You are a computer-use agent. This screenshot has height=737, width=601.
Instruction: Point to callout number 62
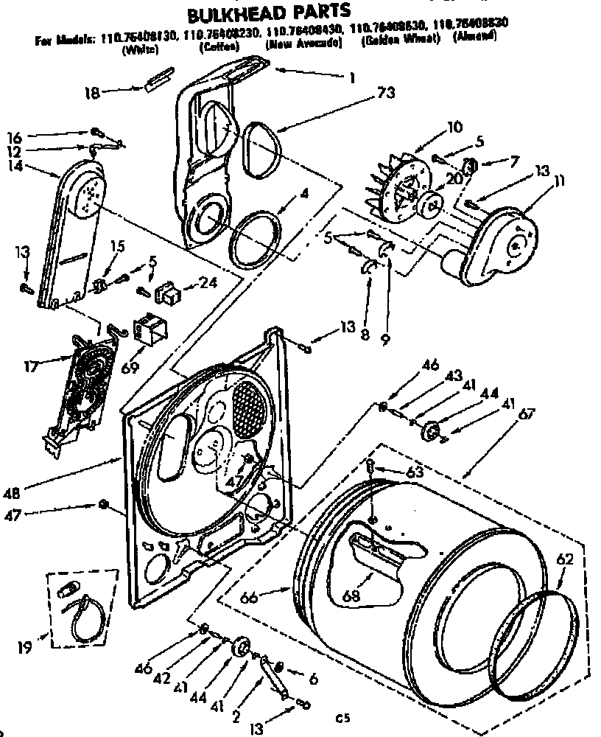[x=564, y=560]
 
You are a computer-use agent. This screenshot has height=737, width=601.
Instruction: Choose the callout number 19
[x=25, y=649]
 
